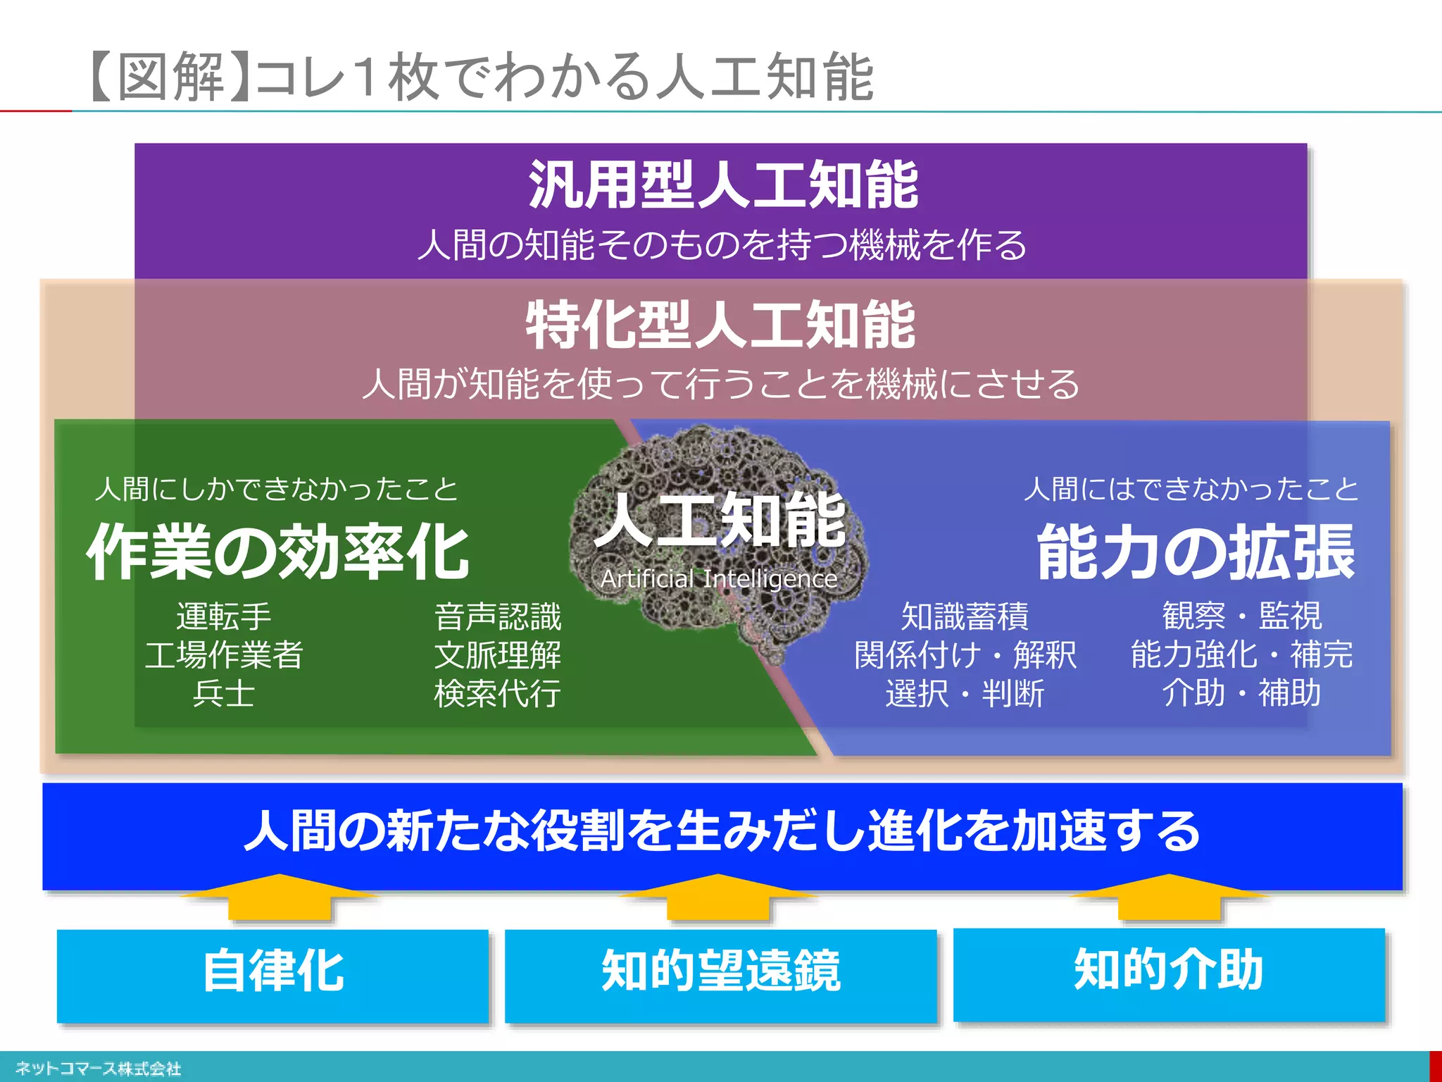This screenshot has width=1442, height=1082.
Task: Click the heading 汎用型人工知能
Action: click(723, 185)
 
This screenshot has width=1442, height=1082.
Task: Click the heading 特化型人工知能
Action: click(720, 325)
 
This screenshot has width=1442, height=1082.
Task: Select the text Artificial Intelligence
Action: click(719, 579)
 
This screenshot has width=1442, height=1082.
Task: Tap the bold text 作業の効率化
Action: click(277, 552)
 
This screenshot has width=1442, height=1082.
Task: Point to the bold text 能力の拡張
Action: click(1196, 552)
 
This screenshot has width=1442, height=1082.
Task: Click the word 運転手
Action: click(224, 617)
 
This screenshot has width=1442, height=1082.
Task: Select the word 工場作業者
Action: click(224, 655)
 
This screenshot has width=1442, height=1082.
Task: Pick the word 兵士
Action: click(224, 694)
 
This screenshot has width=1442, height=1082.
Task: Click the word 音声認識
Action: click(498, 617)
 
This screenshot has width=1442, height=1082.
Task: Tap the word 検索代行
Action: click(498, 694)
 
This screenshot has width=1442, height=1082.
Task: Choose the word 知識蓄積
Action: click(965, 617)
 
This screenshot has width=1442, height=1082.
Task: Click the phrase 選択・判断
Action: click(965, 694)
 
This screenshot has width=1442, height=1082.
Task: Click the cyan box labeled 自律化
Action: click(272, 975)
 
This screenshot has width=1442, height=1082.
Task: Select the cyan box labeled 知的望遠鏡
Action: click(720, 975)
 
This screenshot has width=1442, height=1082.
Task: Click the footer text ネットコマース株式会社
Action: click(98, 1069)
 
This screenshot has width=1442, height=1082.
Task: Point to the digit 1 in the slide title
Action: click(365, 76)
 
